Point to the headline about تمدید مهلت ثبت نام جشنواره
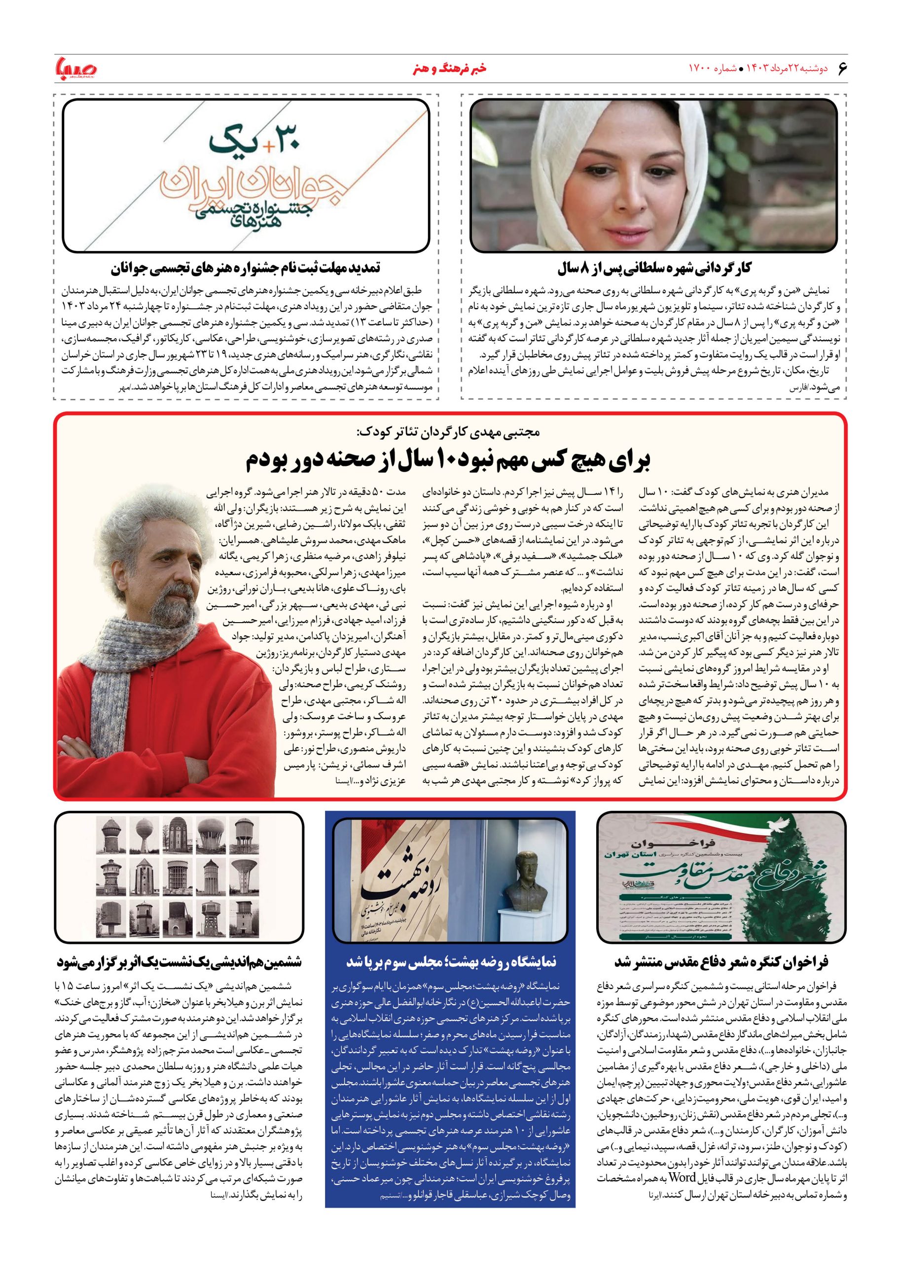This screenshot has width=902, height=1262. pyautogui.click(x=246, y=269)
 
